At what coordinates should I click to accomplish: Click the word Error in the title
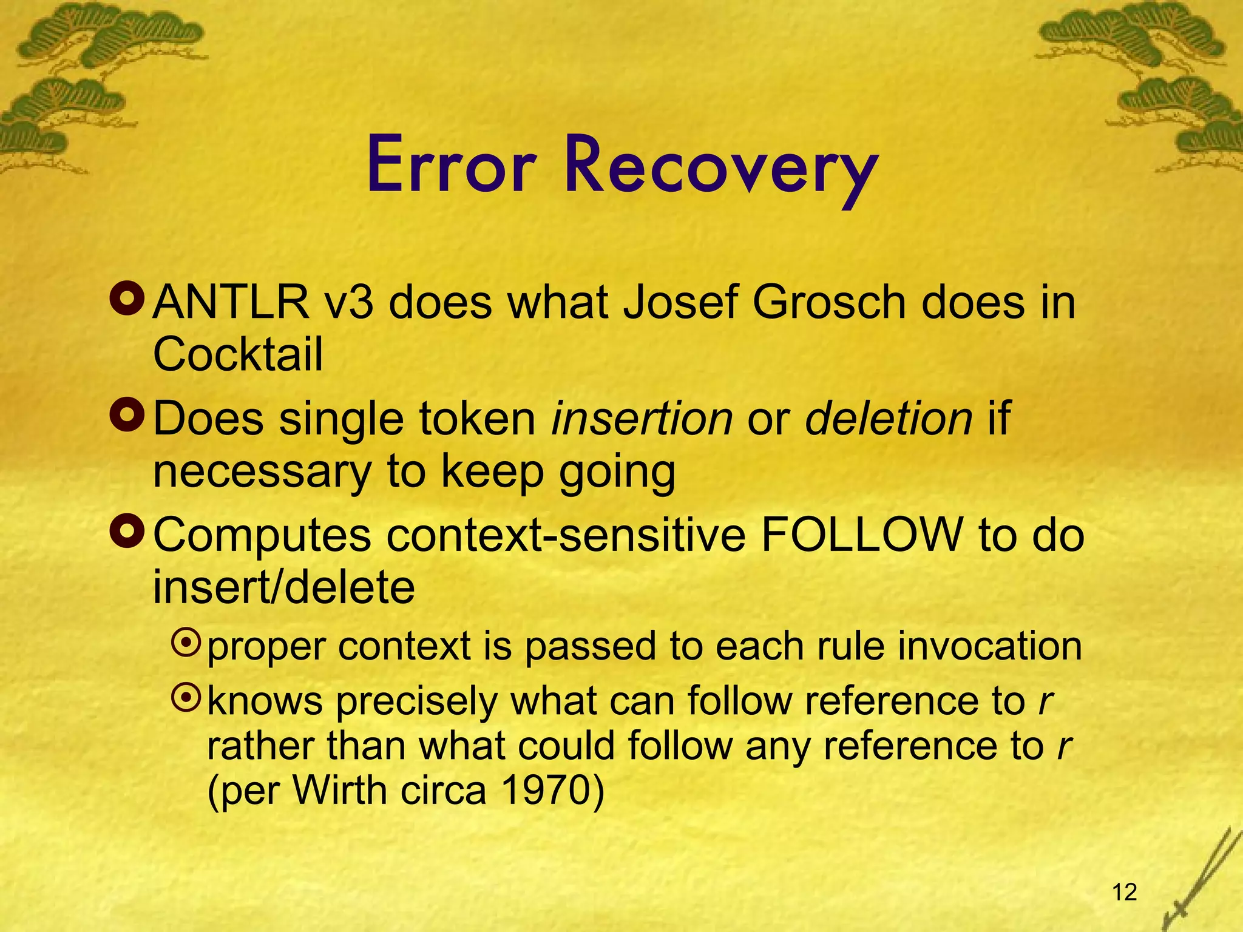pos(452,165)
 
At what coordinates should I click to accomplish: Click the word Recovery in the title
pos(721,167)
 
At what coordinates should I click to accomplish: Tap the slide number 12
pos(1125,892)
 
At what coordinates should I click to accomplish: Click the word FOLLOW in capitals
pos(862,535)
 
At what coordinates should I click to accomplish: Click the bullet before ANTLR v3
pos(127,298)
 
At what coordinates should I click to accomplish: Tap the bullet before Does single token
pos(127,415)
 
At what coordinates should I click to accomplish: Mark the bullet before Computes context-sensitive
pos(127,531)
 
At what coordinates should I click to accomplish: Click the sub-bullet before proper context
pos(186,643)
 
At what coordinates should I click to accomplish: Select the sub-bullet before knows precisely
pos(186,698)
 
